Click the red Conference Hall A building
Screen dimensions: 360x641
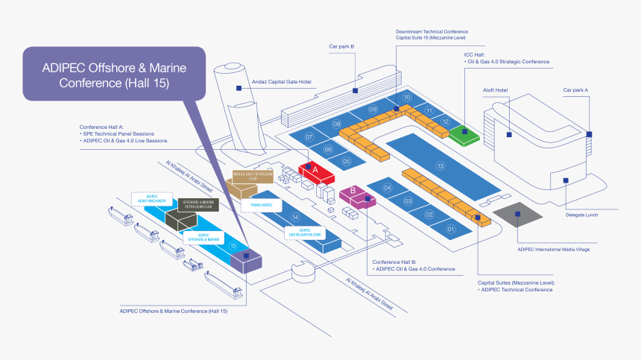316,171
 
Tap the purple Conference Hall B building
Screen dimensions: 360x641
353,194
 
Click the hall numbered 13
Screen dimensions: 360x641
440,165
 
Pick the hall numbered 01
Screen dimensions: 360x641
450,230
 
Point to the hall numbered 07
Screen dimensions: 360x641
309,137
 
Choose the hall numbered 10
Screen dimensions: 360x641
407,98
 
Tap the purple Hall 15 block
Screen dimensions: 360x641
247,259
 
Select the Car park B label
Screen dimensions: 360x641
341,46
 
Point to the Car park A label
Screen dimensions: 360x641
575,90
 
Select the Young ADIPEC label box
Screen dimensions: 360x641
262,205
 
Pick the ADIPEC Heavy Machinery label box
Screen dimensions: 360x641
152,198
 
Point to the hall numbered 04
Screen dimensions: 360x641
388,189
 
